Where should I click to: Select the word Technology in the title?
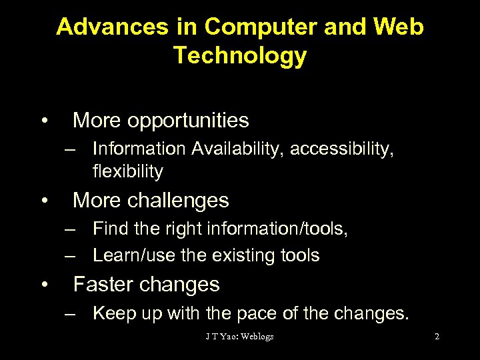point(240,55)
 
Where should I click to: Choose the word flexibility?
point(128,171)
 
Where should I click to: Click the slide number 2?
point(437,337)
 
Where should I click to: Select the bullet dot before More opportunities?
point(43,121)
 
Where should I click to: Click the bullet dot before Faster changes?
point(43,285)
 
